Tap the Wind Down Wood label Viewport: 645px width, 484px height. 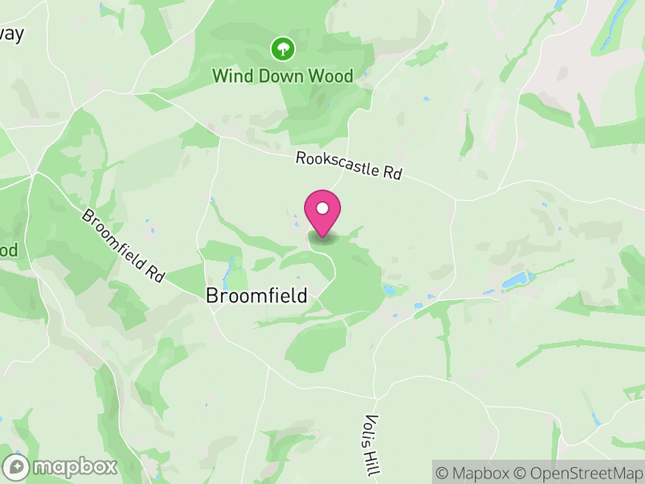point(282,76)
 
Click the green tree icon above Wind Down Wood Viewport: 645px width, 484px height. point(282,49)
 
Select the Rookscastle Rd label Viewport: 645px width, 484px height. point(348,166)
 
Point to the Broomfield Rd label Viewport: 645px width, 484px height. point(123,246)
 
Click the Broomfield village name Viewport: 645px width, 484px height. point(256,296)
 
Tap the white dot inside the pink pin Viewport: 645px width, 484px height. point(322,208)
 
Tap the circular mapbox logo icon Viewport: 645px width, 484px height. point(17,467)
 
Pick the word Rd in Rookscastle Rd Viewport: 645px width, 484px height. point(392,173)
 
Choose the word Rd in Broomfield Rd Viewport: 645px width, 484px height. point(154,273)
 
